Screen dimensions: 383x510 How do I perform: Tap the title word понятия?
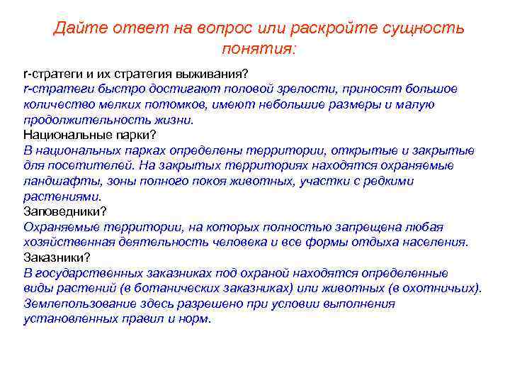point(259,50)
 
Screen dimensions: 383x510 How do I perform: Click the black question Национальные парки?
point(90,135)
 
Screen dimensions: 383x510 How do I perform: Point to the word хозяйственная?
point(69,242)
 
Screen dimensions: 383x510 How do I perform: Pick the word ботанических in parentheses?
point(233,288)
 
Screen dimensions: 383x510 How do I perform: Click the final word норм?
point(196,318)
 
